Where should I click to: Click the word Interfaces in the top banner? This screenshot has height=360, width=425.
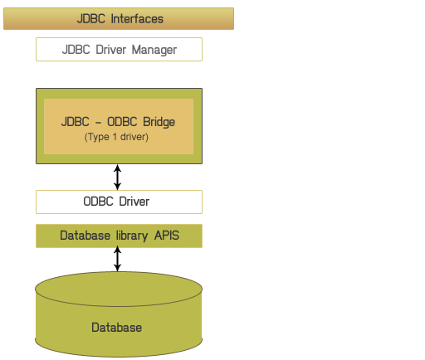[137, 19]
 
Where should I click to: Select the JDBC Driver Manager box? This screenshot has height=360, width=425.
[119, 49]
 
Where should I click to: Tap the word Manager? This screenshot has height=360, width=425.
[154, 50]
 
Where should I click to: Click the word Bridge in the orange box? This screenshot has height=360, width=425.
[159, 122]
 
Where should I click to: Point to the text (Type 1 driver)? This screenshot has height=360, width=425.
[116, 137]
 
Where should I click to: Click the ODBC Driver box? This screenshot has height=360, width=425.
[119, 202]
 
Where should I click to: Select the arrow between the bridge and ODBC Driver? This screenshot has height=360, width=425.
[118, 177]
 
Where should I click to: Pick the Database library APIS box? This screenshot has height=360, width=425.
[119, 236]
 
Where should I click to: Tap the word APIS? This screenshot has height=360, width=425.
[167, 236]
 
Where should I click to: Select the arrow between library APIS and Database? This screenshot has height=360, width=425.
[118, 259]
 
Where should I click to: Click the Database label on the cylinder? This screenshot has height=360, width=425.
[116, 328]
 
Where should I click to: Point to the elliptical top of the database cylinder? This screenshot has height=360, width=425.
[119, 289]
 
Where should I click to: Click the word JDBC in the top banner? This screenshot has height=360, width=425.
[91, 19]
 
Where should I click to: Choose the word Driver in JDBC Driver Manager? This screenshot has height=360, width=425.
[111, 50]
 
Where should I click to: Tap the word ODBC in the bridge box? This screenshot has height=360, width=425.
[122, 122]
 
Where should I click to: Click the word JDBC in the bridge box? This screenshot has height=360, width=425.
[76, 122]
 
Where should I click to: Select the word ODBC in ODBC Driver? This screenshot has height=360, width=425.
[98, 202]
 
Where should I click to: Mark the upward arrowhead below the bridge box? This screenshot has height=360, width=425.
[118, 168]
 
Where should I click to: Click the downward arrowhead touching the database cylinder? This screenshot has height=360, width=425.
[118, 268]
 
